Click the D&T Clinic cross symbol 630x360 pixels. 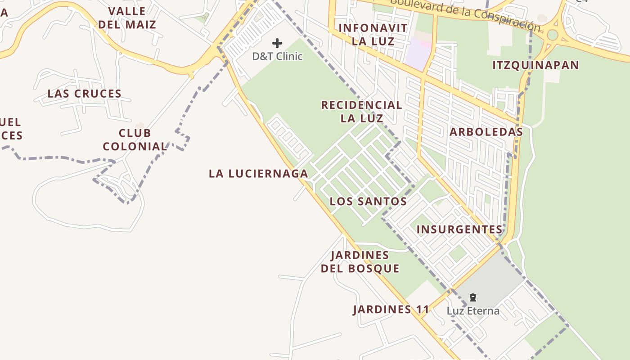277,43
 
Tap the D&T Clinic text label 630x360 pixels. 277,57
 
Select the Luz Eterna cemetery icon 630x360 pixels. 473,297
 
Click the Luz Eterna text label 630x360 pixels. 473,311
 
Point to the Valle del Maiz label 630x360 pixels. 127,18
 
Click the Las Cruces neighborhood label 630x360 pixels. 85,94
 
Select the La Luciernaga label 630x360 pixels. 258,173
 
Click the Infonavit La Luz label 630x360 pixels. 373,35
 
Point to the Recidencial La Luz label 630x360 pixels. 362,112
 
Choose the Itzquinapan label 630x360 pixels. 535,65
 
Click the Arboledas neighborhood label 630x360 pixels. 486,132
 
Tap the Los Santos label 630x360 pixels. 368,201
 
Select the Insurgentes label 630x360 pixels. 459,229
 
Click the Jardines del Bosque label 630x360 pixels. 360,262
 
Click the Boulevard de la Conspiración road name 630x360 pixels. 463,13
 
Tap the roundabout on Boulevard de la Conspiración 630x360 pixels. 553,35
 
